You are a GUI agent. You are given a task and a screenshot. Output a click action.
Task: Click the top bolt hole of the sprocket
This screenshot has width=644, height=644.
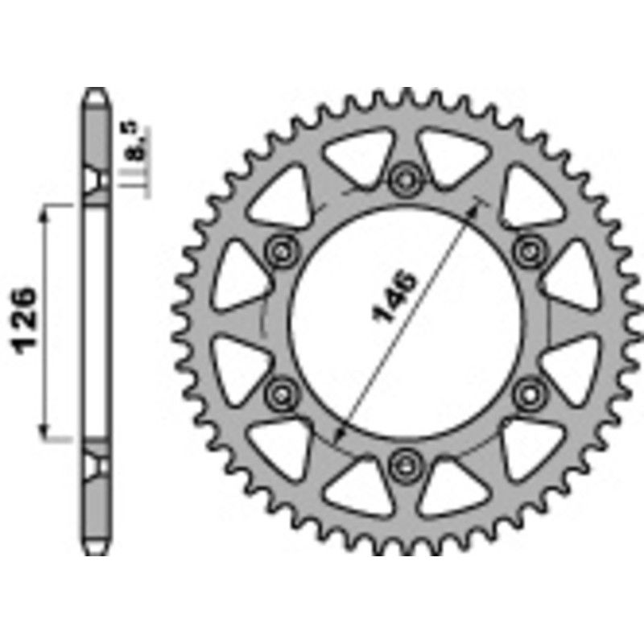point(404,177)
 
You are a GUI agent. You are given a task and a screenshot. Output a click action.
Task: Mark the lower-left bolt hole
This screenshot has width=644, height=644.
point(281,391)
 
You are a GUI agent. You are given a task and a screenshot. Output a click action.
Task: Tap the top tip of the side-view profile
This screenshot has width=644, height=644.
point(96,90)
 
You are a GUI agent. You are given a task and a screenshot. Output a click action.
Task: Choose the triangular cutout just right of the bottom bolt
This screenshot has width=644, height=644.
point(451,485)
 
